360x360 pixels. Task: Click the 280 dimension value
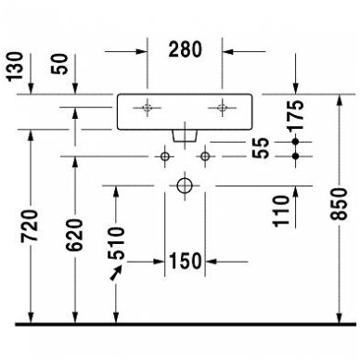pyautogui.click(x=186, y=49)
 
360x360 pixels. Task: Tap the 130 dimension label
pyautogui.click(x=15, y=67)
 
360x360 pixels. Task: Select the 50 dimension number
pyautogui.click(x=59, y=64)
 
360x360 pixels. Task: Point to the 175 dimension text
pyautogui.click(x=295, y=115)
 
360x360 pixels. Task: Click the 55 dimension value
pyautogui.click(x=261, y=148)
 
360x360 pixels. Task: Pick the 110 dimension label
pyautogui.click(x=281, y=212)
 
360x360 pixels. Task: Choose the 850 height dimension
pyautogui.click(x=339, y=204)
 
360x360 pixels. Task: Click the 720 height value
pyautogui.click(x=30, y=225)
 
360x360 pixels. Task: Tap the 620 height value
pyautogui.click(x=74, y=235)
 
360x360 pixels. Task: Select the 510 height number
pyautogui.click(x=116, y=243)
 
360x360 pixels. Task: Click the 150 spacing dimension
pyautogui.click(x=186, y=262)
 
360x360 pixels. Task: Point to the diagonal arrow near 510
pyautogui.click(x=116, y=274)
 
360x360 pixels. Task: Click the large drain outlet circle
pyautogui.click(x=185, y=186)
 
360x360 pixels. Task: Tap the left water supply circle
pyautogui.click(x=165, y=157)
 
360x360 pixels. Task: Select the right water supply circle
pyautogui.click(x=205, y=157)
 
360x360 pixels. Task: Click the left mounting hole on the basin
pyautogui.click(x=148, y=108)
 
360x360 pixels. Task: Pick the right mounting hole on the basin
pyautogui.click(x=222, y=108)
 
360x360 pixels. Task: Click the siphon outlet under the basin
pyautogui.click(x=185, y=136)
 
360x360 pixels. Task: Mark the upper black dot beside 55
pyautogui.click(x=296, y=142)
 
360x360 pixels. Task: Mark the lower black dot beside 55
pyautogui.click(x=296, y=156)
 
